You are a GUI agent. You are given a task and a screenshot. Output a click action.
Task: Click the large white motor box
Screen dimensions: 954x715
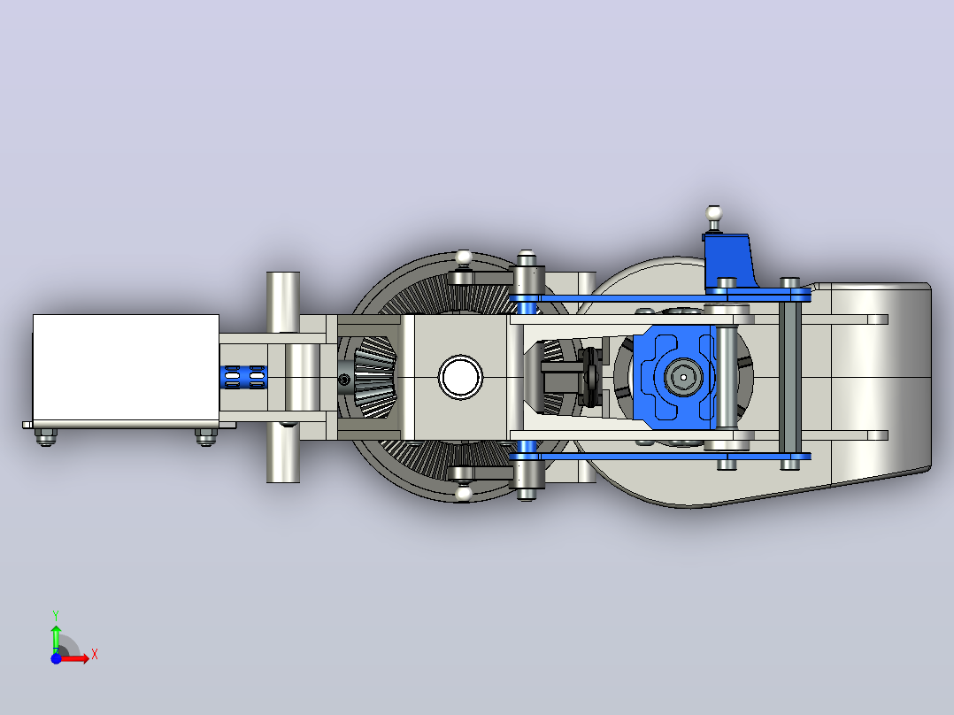126,367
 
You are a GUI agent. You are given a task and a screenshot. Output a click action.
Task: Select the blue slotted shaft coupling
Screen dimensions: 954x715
243,377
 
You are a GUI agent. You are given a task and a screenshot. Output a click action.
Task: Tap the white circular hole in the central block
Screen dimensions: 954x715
460,377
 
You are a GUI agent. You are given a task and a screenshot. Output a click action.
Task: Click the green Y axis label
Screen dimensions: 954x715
56,615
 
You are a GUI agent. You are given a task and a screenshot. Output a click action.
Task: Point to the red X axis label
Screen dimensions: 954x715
95,655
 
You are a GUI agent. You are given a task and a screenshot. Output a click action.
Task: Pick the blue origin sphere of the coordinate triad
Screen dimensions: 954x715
56,658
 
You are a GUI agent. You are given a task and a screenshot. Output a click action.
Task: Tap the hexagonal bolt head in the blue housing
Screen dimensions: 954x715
683,377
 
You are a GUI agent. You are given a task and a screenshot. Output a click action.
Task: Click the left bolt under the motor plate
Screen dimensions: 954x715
46,437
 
